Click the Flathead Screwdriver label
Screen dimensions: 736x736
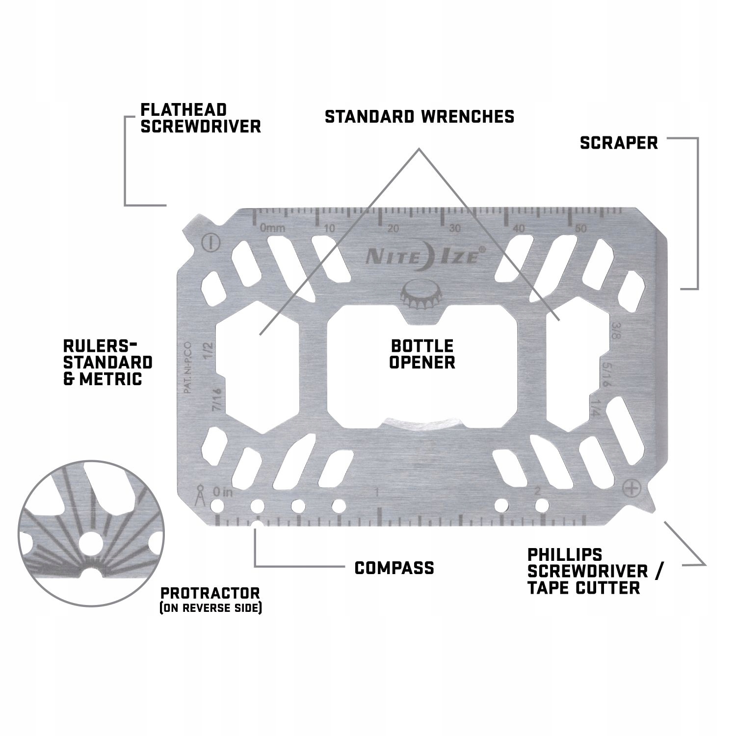tap(200, 118)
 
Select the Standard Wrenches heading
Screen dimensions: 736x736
tap(420, 117)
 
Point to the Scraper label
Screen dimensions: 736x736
tap(618, 143)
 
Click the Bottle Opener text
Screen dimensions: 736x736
tap(422, 354)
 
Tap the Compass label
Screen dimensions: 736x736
tap(394, 568)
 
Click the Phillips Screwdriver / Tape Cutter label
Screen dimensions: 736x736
tap(595, 571)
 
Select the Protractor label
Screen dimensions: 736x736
tap(210, 598)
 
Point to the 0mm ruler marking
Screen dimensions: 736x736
tap(272, 228)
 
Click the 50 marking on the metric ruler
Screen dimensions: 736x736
tap(581, 228)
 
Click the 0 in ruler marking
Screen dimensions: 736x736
tap(223, 491)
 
